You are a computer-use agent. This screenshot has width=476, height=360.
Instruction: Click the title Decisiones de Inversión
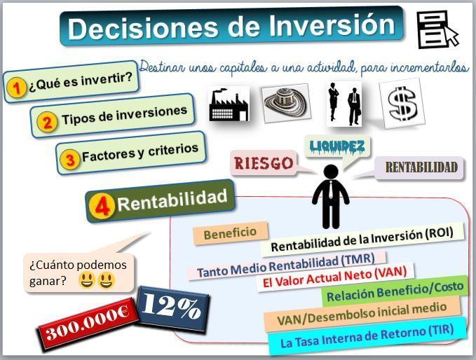(231, 27)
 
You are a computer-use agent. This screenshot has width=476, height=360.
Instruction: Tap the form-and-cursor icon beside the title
(437, 29)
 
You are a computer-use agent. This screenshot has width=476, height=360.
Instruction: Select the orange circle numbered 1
(17, 88)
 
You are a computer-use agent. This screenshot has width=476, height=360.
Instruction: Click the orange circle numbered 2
(47, 122)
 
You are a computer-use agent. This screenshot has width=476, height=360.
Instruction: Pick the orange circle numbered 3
(70, 159)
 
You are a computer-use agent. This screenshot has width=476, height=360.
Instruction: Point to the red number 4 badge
(102, 207)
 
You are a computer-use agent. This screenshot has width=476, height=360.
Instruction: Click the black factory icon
(229, 104)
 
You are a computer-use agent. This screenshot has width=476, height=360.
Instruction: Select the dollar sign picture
(402, 104)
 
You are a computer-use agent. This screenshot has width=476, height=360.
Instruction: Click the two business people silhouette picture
(344, 104)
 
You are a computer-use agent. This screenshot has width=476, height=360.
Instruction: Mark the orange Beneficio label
(230, 233)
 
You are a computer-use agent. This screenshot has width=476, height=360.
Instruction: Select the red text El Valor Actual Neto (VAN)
(334, 277)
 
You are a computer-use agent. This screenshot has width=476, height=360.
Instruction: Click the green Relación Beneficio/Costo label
(395, 291)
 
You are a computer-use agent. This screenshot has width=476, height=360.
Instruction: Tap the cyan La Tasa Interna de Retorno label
(367, 335)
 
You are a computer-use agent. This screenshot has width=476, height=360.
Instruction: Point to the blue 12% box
(172, 307)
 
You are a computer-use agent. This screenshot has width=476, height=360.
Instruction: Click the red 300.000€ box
(88, 324)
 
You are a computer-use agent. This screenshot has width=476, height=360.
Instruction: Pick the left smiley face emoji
(87, 280)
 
